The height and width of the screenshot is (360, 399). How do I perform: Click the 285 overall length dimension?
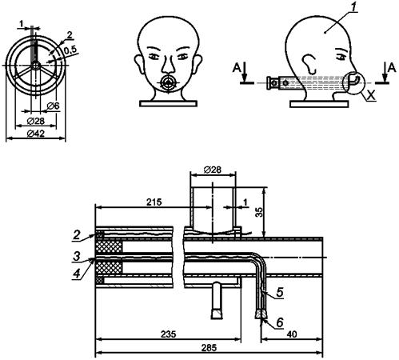(x=209, y=348)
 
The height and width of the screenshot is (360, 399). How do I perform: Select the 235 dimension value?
(x=169, y=334)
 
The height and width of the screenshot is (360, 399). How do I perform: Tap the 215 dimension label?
(x=154, y=202)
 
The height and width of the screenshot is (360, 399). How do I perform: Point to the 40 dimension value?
(x=292, y=334)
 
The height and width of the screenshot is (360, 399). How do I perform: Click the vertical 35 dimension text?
(x=259, y=212)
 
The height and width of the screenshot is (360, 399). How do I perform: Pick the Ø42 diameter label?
(x=36, y=134)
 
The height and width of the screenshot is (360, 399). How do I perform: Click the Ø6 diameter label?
(x=53, y=106)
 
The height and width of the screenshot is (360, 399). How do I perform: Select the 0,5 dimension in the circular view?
(x=70, y=50)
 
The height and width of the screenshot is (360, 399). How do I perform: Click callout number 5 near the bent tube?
(x=279, y=293)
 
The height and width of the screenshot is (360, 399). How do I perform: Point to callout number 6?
(x=279, y=322)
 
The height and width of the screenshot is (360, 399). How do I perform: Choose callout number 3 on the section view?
(x=77, y=257)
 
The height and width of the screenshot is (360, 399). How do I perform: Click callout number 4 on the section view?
(x=77, y=274)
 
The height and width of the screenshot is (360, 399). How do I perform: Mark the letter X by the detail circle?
(x=371, y=95)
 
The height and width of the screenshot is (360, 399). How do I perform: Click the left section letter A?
(x=237, y=68)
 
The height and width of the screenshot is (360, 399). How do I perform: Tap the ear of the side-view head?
(x=309, y=63)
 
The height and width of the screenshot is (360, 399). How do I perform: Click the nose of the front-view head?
(x=168, y=66)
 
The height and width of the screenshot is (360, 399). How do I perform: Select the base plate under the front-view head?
(x=168, y=103)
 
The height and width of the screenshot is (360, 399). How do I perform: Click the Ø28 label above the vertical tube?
(x=213, y=170)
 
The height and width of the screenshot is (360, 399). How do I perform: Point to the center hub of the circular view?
(x=35, y=65)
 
